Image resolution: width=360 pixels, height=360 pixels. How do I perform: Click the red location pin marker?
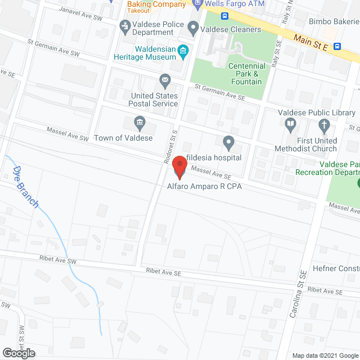(x=179, y=167)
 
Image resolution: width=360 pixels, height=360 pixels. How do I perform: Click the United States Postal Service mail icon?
(x=165, y=80)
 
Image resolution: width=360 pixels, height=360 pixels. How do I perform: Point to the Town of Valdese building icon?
(x=139, y=121)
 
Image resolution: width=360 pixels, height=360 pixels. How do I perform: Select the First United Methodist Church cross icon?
(x=323, y=125)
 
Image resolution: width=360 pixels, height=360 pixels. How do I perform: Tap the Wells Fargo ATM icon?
(x=197, y=4)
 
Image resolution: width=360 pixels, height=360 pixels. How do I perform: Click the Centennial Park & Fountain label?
(x=246, y=74)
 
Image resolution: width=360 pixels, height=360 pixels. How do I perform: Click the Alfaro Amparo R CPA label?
(x=204, y=186)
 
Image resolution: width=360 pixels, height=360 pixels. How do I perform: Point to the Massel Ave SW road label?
(x=68, y=134)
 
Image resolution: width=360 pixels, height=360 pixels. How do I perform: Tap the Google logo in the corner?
(x=18, y=353)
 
